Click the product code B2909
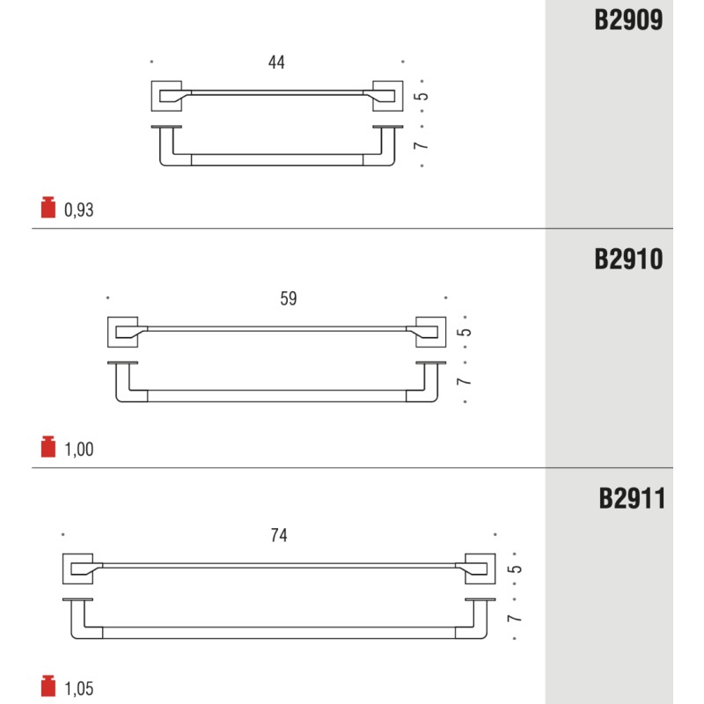628,20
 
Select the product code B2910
628,260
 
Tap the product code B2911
632,499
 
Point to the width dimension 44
276,62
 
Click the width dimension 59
289,298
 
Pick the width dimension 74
279,535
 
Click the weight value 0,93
78,210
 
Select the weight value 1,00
78,450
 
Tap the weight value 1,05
78,689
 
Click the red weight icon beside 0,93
48,207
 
